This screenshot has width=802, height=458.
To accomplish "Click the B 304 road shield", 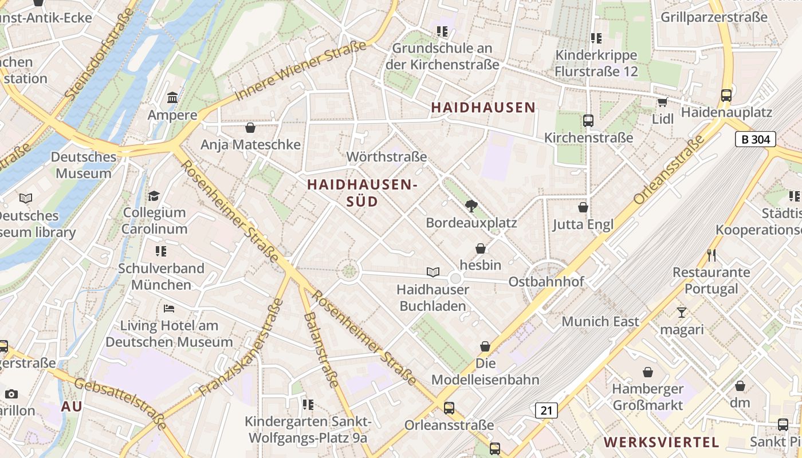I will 755,139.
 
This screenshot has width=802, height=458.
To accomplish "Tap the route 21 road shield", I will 547,410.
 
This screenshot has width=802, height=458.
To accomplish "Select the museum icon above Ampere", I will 172,98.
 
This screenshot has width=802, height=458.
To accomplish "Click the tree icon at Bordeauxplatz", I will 471,206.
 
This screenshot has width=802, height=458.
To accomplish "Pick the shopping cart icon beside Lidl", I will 663,102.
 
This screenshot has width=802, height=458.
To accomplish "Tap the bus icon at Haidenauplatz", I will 726,95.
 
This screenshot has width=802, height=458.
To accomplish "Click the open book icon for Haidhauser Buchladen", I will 433,272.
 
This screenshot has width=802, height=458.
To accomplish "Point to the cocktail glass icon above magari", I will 681,312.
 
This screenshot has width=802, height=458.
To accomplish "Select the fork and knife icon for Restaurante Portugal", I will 711,255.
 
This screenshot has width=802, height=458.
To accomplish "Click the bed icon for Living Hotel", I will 169,309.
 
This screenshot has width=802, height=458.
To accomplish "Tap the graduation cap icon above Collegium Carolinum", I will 154,196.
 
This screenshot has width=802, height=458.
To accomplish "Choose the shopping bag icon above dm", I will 740,386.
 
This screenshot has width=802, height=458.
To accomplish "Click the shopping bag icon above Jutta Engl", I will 583,207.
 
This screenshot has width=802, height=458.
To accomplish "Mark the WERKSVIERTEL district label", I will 662,442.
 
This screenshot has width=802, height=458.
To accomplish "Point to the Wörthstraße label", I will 387,156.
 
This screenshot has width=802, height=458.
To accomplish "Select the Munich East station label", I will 600,321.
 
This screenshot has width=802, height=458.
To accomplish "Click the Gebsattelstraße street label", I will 120,404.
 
